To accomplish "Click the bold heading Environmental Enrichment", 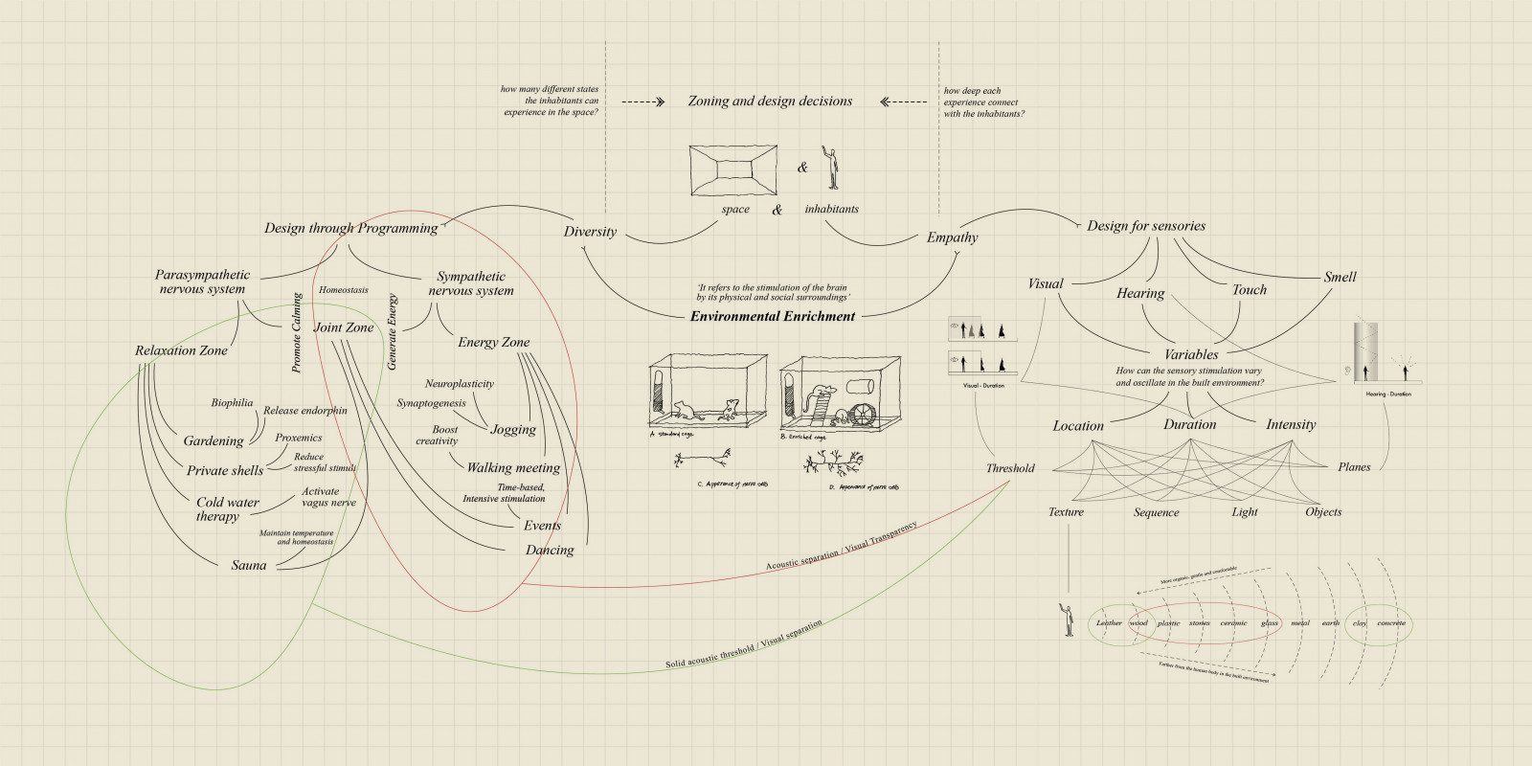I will pyautogui.click(x=772, y=316).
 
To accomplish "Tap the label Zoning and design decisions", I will pyautogui.click(x=770, y=101).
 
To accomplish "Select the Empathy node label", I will pyautogui.click(x=952, y=237).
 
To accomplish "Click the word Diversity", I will pyautogui.click(x=590, y=232).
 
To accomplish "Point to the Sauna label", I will pyautogui.click(x=249, y=565).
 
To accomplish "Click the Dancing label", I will pyautogui.click(x=550, y=550).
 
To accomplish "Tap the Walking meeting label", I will pyautogui.click(x=513, y=467).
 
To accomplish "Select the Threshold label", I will pyautogui.click(x=1010, y=468).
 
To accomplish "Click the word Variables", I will pyautogui.click(x=1191, y=354).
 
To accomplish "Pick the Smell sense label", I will pyautogui.click(x=1340, y=277).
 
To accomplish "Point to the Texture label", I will pyautogui.click(x=1066, y=512).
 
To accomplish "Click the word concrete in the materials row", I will pyautogui.click(x=1391, y=623).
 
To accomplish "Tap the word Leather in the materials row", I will pyautogui.click(x=1109, y=623).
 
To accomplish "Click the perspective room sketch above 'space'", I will pyautogui.click(x=733, y=170).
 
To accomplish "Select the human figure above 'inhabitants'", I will pyautogui.click(x=832, y=169).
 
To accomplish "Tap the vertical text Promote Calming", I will pyautogui.click(x=297, y=332).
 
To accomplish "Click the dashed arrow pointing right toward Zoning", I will pyautogui.click(x=642, y=101).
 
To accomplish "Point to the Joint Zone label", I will pyautogui.click(x=345, y=327).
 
